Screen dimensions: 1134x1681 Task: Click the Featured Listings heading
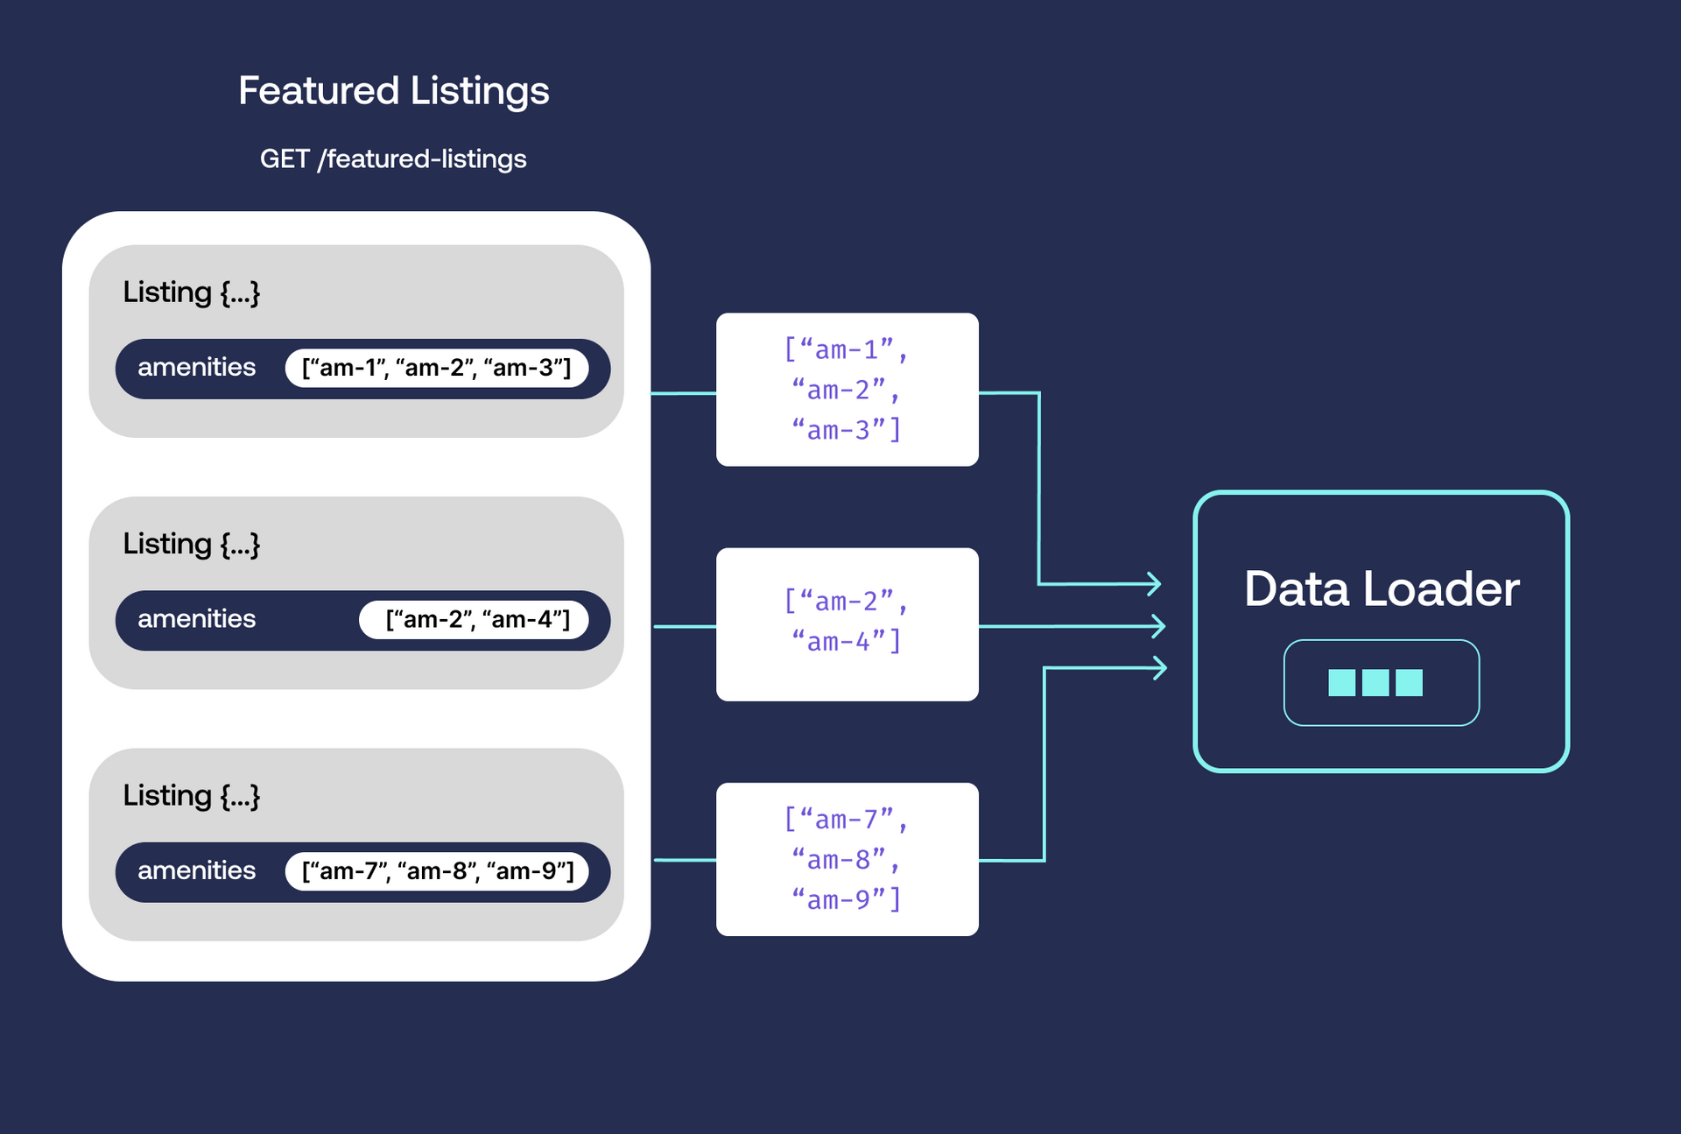(393, 91)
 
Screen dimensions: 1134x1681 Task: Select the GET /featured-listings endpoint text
(393, 158)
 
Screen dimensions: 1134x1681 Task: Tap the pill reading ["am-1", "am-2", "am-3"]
(436, 368)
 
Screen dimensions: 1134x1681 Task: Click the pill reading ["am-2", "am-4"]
(474, 620)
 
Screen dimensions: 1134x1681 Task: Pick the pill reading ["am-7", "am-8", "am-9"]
(436, 871)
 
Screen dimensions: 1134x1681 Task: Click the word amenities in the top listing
(196, 367)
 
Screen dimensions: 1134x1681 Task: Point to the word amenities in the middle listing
(196, 619)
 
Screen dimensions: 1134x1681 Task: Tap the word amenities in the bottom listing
(196, 870)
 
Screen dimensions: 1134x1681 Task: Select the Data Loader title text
(1381, 588)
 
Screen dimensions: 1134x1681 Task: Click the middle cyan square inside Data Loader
(1375, 682)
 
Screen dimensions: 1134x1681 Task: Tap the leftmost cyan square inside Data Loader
(1341, 682)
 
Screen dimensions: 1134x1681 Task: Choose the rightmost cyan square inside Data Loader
(1409, 682)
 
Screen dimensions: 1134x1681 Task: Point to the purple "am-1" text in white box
(846, 349)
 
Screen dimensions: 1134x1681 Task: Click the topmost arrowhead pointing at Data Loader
(1155, 583)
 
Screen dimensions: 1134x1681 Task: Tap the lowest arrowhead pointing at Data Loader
(1160, 668)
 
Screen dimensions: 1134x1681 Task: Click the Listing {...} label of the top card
(191, 292)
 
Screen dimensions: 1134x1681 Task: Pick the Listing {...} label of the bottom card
(191, 796)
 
